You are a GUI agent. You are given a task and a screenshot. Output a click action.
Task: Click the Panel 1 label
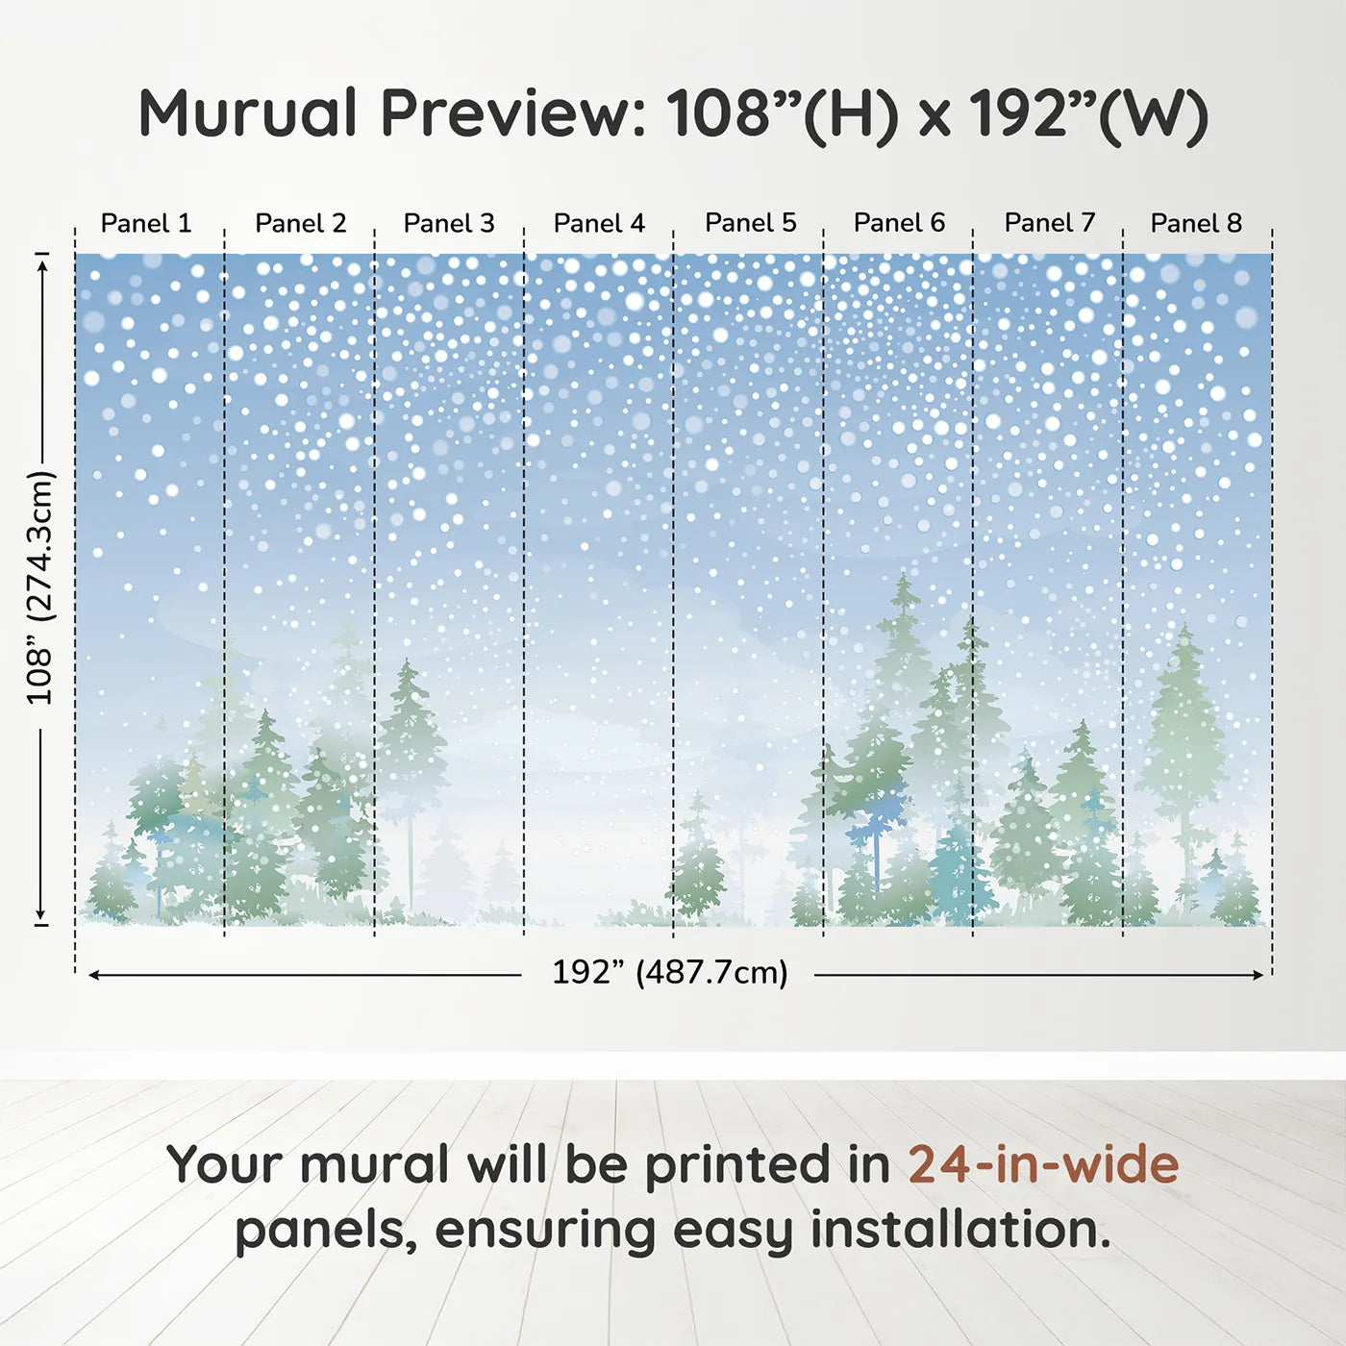[146, 223]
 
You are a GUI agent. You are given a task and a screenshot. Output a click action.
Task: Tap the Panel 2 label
[300, 223]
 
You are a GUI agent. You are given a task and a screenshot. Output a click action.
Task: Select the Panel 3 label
[449, 223]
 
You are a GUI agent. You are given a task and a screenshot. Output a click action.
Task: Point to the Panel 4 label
[599, 223]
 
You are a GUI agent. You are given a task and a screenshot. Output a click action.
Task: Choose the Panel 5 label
[751, 223]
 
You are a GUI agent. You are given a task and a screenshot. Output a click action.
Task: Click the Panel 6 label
[900, 223]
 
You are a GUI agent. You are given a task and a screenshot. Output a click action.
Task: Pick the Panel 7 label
[1050, 223]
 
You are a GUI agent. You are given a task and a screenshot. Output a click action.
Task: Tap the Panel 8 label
[1197, 223]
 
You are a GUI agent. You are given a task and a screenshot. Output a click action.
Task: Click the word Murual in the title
[249, 113]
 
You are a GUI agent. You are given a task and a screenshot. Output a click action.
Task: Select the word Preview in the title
[511, 113]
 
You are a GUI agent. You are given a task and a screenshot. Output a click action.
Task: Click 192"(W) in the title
[1089, 115]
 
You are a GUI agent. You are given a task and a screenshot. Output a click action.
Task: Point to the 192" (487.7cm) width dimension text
[670, 972]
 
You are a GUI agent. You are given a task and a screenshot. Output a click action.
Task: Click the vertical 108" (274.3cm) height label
[39, 587]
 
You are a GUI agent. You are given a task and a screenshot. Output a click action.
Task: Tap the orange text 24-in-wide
[1043, 1164]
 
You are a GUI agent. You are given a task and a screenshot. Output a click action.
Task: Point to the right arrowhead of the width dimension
[1259, 975]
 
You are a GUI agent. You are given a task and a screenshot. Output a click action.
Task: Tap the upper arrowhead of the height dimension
[42, 266]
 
